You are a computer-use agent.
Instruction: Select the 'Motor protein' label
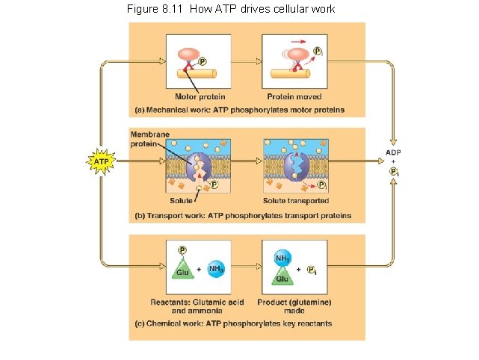click(x=200, y=97)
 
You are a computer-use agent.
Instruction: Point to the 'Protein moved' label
click(x=294, y=97)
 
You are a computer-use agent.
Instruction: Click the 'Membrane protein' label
click(x=150, y=138)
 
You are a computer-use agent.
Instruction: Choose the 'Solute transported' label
click(x=296, y=201)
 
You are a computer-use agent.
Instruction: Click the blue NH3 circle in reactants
click(x=216, y=268)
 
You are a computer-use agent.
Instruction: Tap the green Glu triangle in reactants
click(x=182, y=271)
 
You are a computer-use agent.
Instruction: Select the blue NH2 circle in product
click(x=282, y=258)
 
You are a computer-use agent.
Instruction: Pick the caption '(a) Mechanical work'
click(x=239, y=110)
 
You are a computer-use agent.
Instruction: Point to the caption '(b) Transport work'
click(x=242, y=216)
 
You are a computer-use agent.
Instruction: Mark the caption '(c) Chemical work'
click(x=233, y=323)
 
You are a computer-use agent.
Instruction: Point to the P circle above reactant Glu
click(x=182, y=250)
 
